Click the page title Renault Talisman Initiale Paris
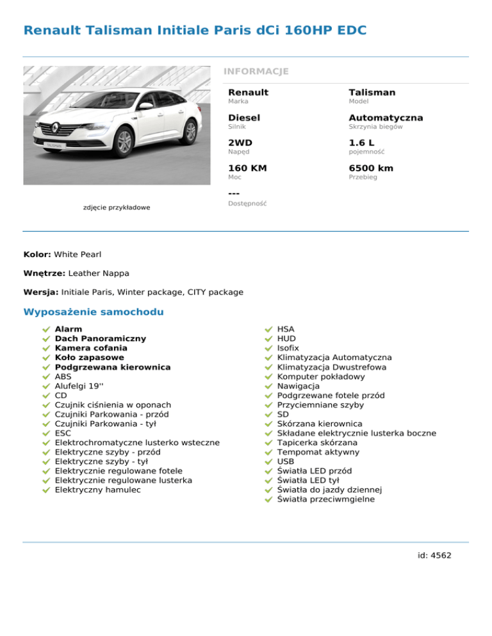click(x=195, y=30)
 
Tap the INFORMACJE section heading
click(x=256, y=71)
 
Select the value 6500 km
click(x=371, y=168)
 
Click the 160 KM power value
click(x=248, y=168)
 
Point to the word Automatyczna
click(x=386, y=118)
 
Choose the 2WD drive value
click(x=241, y=143)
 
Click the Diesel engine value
click(x=244, y=118)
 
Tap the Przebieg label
click(x=363, y=177)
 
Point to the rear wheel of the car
click(x=190, y=132)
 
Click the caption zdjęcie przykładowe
click(x=117, y=207)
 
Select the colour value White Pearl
click(x=78, y=254)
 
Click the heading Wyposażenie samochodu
click(x=94, y=312)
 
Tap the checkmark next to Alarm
click(x=46, y=330)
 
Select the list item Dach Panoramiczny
click(x=101, y=338)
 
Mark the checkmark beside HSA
click(x=269, y=330)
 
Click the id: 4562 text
click(x=434, y=555)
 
